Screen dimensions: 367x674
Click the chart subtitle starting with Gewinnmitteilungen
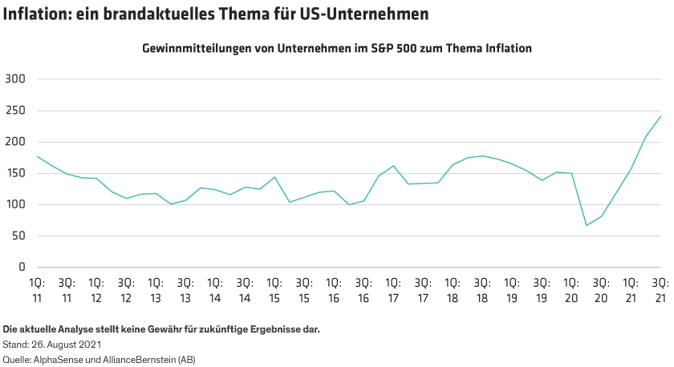(x=337, y=48)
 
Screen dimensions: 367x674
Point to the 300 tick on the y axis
(x=16, y=79)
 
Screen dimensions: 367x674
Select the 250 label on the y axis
(x=16, y=111)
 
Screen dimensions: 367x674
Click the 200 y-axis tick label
(x=16, y=142)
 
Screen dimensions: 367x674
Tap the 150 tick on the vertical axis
(x=16, y=173)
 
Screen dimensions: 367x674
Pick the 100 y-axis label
(x=16, y=204)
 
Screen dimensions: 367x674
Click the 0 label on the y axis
(x=23, y=267)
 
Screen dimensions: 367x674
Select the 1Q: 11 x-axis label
(x=36, y=290)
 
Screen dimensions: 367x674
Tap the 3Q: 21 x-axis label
(x=660, y=290)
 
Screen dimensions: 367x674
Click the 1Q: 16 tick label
(x=333, y=290)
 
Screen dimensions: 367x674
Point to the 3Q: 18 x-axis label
(x=481, y=290)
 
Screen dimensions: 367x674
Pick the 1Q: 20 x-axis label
(x=570, y=290)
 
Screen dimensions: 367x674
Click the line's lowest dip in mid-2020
(x=586, y=225)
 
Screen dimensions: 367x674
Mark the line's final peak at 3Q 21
(x=660, y=116)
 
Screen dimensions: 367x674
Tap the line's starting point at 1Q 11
(x=37, y=155)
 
